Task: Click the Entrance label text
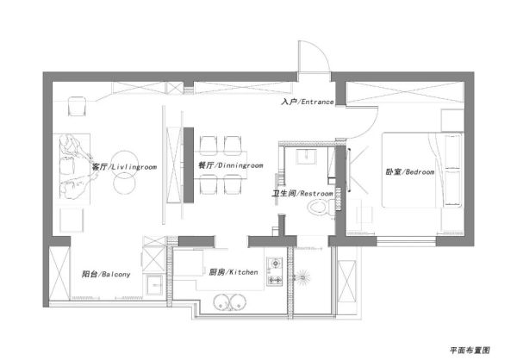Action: (308, 102)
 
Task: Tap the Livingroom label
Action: (124, 167)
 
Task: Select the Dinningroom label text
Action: (230, 165)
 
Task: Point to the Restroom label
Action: (302, 194)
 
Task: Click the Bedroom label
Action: (410, 171)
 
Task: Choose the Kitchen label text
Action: (234, 272)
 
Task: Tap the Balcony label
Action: (106, 274)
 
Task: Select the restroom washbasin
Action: (306, 156)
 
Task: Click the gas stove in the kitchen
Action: (275, 271)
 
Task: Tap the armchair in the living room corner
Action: (77, 106)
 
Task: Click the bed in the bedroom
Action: (423, 171)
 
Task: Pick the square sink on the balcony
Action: (154, 284)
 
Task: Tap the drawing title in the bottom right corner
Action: (470, 351)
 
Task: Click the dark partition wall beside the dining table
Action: (189, 165)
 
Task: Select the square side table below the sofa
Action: (72, 220)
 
